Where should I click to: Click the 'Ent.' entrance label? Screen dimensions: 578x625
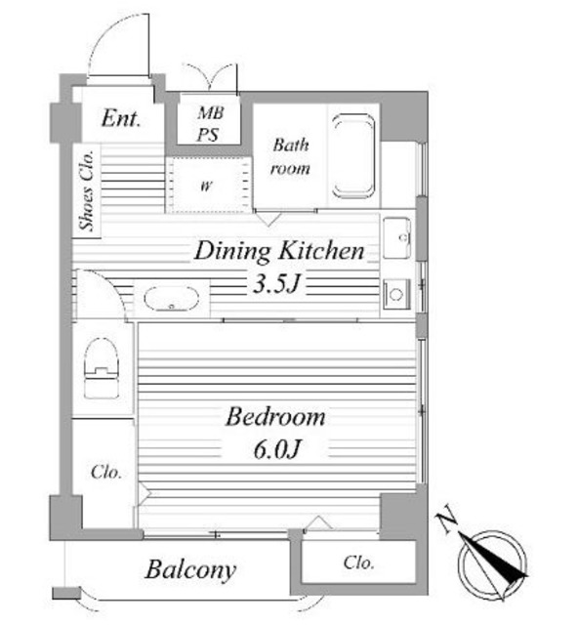pyautogui.click(x=121, y=118)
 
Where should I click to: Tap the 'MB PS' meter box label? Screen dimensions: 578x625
pyautogui.click(x=210, y=124)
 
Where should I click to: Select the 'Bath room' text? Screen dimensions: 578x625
pyautogui.click(x=290, y=156)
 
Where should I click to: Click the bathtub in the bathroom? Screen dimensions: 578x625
pyautogui.click(x=353, y=156)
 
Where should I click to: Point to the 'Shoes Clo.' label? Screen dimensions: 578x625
pyautogui.click(x=87, y=190)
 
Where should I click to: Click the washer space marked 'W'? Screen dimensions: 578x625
pyautogui.click(x=207, y=186)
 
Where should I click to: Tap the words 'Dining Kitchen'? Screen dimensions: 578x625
pyautogui.click(x=279, y=251)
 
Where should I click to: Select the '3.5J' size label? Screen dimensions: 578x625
pyautogui.click(x=276, y=284)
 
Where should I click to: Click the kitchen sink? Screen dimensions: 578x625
pyautogui.click(x=396, y=238)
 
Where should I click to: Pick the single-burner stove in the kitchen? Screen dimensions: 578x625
pyautogui.click(x=396, y=294)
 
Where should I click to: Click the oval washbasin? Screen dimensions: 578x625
pyautogui.click(x=172, y=298)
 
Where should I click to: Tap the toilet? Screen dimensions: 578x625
pyautogui.click(x=102, y=368)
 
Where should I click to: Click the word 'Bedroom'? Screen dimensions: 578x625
pyautogui.click(x=275, y=417)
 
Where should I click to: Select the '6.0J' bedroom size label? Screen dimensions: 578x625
pyautogui.click(x=276, y=449)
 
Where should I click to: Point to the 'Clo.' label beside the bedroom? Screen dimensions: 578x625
pyautogui.click(x=106, y=473)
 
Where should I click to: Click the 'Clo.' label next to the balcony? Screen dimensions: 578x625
pyautogui.click(x=358, y=562)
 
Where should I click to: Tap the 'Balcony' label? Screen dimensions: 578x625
pyautogui.click(x=190, y=570)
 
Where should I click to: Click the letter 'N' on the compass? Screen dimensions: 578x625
pyautogui.click(x=447, y=518)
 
